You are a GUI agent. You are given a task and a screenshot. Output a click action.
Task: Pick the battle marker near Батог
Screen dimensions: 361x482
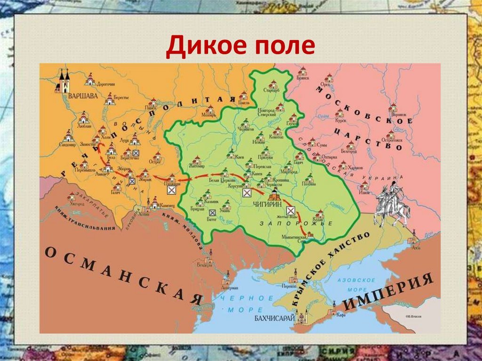[213, 212]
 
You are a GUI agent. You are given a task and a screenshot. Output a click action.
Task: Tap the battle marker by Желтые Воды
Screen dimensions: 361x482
[291, 210]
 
